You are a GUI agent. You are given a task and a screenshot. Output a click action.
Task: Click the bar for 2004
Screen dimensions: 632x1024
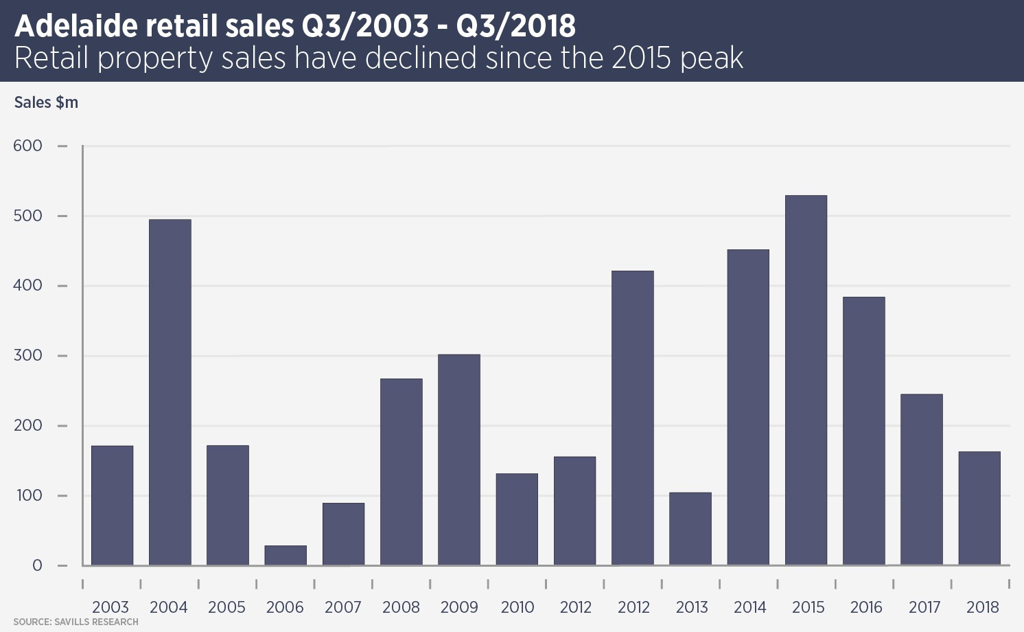[170, 392]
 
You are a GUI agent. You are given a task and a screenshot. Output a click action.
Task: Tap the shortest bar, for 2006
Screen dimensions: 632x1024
[286, 555]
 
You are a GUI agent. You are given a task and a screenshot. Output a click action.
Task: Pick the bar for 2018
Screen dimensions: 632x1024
[979, 508]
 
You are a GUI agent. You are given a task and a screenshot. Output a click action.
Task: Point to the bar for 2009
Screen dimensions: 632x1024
[459, 460]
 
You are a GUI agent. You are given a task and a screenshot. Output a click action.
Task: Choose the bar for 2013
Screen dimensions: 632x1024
[690, 528]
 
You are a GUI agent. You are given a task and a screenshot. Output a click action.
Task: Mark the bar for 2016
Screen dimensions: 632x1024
[864, 431]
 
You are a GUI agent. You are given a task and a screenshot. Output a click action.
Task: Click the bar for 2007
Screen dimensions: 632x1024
[343, 534]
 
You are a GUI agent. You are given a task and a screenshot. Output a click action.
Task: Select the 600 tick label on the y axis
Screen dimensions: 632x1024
[27, 146]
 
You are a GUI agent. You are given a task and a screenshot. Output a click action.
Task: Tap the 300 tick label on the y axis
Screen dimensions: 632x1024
[27, 356]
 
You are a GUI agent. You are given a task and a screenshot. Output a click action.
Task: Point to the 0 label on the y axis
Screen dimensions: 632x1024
[37, 565]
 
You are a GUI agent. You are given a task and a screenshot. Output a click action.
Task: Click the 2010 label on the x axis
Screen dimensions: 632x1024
[517, 607]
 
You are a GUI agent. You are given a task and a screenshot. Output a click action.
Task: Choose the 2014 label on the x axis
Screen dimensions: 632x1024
[749, 607]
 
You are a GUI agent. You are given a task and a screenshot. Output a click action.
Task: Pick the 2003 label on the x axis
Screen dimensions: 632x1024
[110, 607]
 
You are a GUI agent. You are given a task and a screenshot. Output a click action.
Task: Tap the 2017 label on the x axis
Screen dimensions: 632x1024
[924, 607]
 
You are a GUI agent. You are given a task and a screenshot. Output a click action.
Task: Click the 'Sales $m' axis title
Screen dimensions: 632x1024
[46, 102]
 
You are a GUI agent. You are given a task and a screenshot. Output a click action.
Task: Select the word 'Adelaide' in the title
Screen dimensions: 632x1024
[76, 26]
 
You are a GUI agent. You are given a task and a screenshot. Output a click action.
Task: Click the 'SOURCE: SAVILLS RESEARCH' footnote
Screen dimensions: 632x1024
[75, 622]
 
